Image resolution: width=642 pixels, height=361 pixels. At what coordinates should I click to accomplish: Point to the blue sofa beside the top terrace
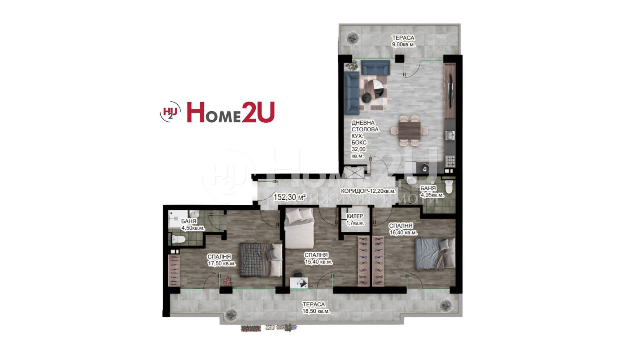376,67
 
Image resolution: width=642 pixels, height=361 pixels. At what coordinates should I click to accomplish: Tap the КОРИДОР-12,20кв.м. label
368,191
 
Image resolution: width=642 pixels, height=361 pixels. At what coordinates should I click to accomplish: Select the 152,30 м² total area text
290,197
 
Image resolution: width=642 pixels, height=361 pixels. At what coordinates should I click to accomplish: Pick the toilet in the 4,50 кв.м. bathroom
178,239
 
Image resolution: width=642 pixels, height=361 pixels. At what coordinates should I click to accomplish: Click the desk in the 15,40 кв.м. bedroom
299,283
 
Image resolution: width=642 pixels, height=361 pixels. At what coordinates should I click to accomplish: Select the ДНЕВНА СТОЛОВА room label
365,126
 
